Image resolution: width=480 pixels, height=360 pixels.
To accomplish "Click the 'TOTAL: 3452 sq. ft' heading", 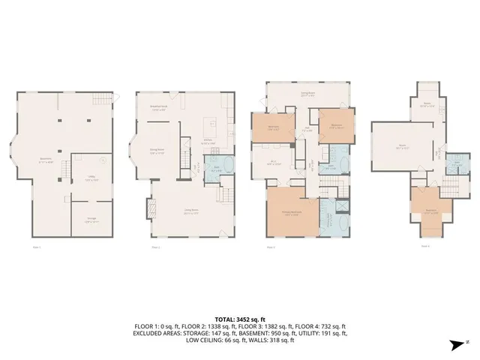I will (x=240, y=319).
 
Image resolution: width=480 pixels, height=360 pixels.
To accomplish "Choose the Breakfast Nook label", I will (x=158, y=107).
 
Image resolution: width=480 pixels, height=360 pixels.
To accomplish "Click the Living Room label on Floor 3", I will (x=307, y=94).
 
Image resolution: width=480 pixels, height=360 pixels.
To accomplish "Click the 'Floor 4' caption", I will (x=424, y=245).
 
